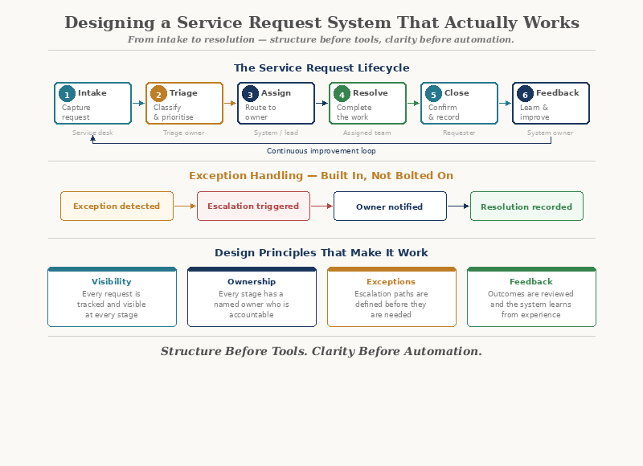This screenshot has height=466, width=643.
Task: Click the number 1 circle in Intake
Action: [68, 94]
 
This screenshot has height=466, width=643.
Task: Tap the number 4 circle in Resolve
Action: [342, 94]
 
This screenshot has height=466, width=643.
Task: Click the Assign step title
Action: [276, 93]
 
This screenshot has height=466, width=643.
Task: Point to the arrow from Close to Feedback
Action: [505, 103]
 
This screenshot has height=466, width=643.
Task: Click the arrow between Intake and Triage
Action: [137, 103]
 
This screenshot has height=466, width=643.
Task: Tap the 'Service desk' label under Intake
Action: [92, 133]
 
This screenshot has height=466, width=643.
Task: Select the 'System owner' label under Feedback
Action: [550, 133]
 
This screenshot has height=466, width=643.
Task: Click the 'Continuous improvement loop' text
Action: [321, 151]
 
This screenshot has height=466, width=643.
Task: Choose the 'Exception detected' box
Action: [117, 206]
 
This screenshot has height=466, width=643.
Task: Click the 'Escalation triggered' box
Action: [253, 206]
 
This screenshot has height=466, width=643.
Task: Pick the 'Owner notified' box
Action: [390, 206]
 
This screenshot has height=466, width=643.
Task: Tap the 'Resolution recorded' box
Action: [526, 206]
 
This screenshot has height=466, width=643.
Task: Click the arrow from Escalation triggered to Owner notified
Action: [321, 206]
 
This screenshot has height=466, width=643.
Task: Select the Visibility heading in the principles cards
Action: [112, 282]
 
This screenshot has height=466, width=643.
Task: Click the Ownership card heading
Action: [252, 282]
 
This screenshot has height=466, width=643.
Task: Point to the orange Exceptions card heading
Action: [391, 282]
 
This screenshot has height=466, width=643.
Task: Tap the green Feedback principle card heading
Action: [531, 282]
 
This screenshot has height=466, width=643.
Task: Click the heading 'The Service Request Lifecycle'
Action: [321, 68]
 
